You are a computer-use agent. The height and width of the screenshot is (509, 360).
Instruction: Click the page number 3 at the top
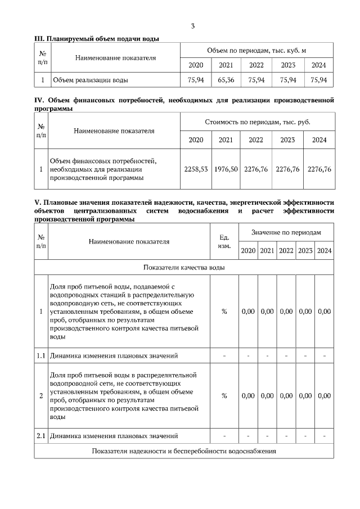click(193, 26)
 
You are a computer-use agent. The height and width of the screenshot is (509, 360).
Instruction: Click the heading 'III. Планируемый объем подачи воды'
click(97, 39)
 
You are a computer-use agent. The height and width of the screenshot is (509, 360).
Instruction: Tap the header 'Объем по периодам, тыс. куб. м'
click(256, 51)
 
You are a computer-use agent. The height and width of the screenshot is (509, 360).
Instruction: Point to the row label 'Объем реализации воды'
click(90, 80)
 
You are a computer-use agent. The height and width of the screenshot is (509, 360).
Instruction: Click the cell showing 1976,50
click(226, 169)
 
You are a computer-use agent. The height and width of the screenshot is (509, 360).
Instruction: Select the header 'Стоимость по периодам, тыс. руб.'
click(256, 121)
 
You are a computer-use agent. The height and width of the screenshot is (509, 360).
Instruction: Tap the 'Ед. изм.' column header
click(223, 242)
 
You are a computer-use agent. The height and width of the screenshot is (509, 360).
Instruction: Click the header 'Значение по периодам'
click(286, 232)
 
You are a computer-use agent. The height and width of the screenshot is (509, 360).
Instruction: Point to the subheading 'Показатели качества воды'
click(184, 267)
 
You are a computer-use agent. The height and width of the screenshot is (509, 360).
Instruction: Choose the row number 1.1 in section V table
click(40, 355)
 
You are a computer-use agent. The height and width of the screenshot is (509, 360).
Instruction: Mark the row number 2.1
click(40, 436)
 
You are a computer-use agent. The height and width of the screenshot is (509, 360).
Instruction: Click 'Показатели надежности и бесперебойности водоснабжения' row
click(184, 452)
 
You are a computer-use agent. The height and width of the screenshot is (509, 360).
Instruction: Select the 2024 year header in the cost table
click(319, 140)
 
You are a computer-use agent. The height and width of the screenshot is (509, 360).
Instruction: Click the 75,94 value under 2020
click(195, 80)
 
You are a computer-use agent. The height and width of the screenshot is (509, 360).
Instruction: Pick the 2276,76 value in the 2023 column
click(287, 169)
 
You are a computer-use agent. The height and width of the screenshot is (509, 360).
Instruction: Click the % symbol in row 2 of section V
click(224, 396)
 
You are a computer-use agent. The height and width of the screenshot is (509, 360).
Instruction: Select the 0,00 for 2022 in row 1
click(286, 312)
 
